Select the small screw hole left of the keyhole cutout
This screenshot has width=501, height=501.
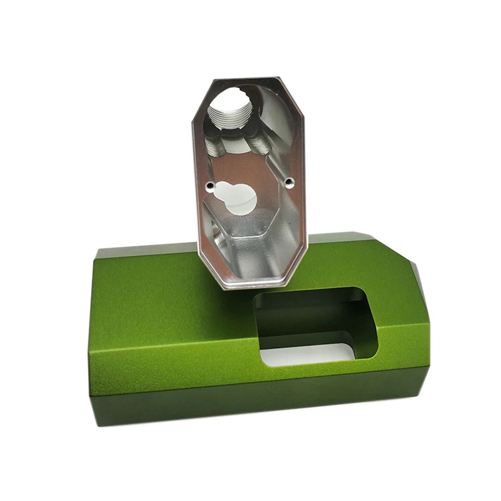tap(210, 185)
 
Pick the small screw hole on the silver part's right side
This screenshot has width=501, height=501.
tap(289, 180)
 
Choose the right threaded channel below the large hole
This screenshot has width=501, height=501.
tap(259, 144)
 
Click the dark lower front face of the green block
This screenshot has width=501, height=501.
tap(254, 401)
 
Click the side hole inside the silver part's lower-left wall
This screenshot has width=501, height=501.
tap(218, 236)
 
